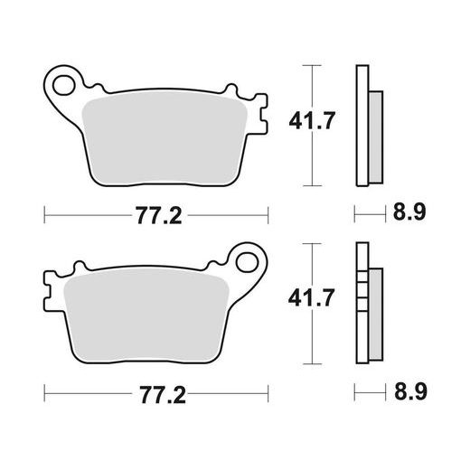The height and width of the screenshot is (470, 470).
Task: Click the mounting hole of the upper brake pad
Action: point(64,86)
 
